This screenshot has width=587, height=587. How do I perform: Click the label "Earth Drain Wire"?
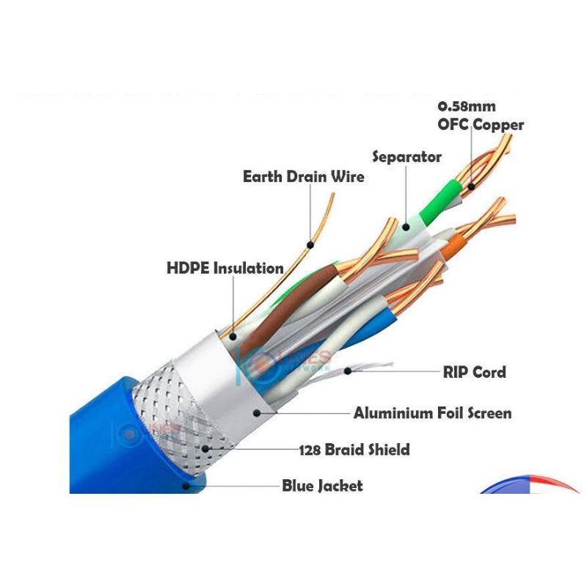pos(303,177)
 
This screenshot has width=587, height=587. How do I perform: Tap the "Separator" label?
pos(406,157)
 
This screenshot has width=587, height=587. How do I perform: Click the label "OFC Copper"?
pos(481,124)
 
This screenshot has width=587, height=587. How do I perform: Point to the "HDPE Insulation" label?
pos(225,268)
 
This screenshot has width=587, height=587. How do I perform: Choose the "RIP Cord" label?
pos(474,372)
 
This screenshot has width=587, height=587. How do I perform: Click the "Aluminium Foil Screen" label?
pos(432,413)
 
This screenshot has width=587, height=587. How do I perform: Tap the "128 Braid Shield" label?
pos(354,449)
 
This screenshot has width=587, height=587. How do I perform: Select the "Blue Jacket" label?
pos(322,486)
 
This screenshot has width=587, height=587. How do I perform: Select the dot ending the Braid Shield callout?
pos(210,447)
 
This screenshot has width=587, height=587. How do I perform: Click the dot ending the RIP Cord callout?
pos(349,371)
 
